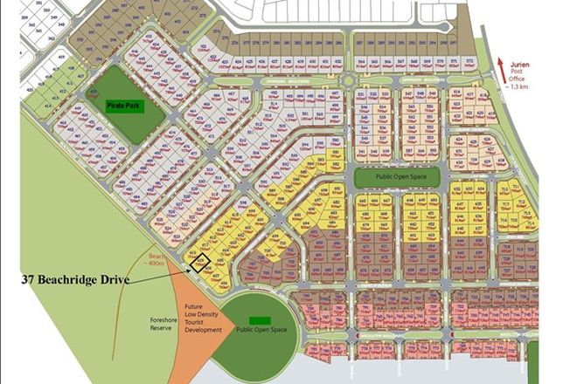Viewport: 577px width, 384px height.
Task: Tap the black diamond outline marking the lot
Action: pos(201,262)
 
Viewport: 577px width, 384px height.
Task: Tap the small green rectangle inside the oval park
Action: pos(259,319)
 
